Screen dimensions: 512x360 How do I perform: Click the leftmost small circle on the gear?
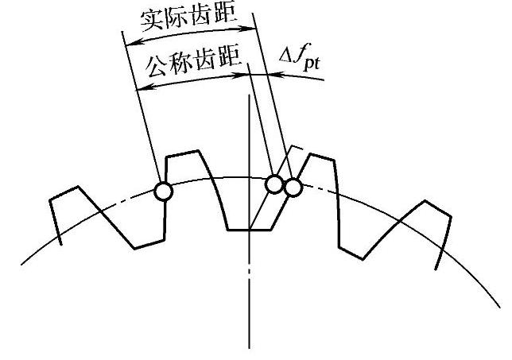pos(163,191)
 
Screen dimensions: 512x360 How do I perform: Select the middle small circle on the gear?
pos(273,184)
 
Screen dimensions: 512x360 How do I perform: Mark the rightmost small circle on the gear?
pos(293,188)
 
